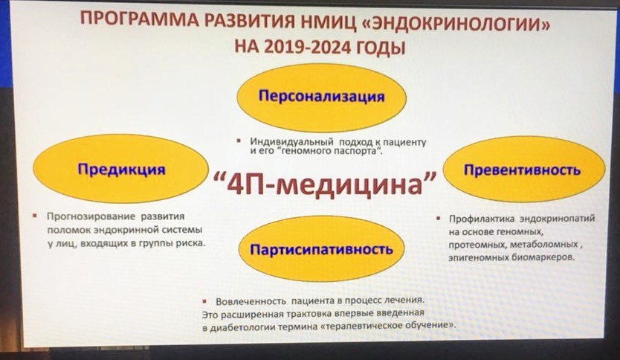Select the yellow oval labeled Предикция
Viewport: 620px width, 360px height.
[x=120, y=169]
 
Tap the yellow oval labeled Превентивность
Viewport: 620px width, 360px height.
[x=523, y=170]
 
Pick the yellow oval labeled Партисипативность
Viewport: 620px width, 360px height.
[x=321, y=249]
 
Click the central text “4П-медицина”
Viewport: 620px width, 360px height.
[x=324, y=183]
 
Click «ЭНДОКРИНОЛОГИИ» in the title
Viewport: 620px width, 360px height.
[x=456, y=23]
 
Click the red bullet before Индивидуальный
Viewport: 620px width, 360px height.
[x=239, y=141]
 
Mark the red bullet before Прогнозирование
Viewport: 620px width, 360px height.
[x=35, y=216]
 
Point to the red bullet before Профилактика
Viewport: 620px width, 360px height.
[x=438, y=218]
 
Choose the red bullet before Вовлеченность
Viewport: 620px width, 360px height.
[x=204, y=301]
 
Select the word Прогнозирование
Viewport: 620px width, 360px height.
[x=91, y=216]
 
